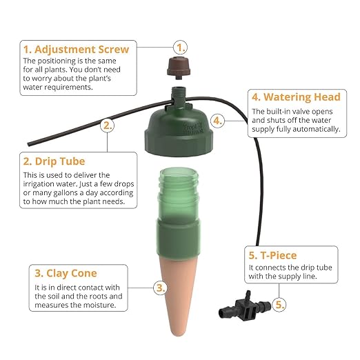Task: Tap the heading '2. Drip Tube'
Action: [55, 161]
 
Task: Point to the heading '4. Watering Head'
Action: [294, 97]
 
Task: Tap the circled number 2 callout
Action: [107, 125]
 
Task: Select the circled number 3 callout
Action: [159, 287]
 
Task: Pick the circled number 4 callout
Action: [217, 120]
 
